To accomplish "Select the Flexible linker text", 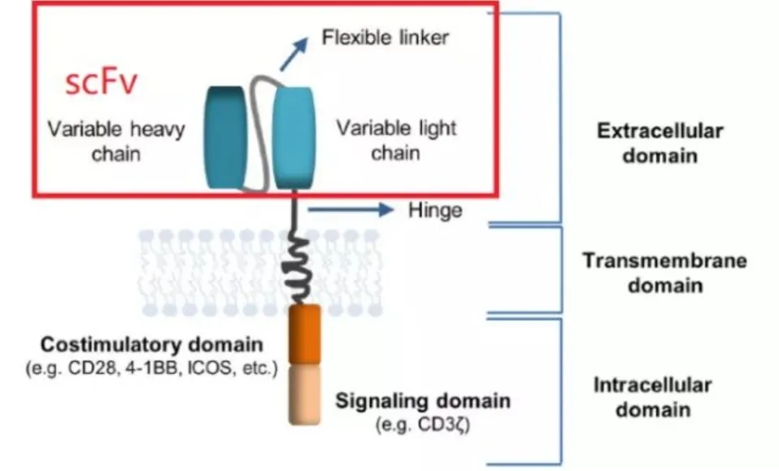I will pyautogui.click(x=385, y=37).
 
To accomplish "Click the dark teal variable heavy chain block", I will pyautogui.click(x=225, y=135).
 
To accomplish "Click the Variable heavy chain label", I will pyautogui.click(x=115, y=140).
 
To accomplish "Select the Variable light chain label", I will pyautogui.click(x=397, y=140).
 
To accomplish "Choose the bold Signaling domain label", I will pyautogui.click(x=423, y=400).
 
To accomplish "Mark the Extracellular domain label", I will pyautogui.click(x=659, y=143).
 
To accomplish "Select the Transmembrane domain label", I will pyautogui.click(x=664, y=273).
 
